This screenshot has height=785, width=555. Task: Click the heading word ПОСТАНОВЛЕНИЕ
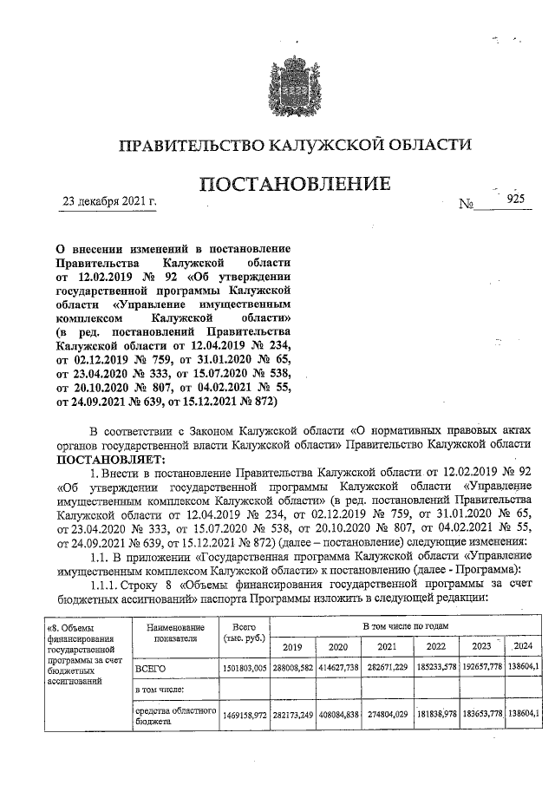295,185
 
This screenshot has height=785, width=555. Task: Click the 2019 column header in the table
295,646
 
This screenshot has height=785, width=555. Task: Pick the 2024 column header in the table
523,646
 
